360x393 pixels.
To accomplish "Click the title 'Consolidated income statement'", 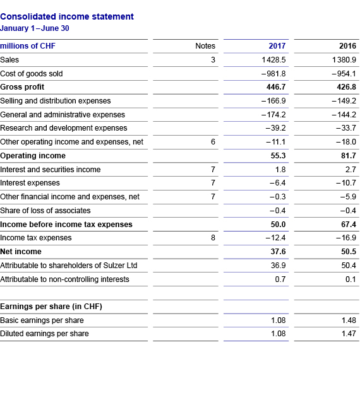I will pos(67,16).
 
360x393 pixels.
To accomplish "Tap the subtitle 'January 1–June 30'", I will pos(35,28).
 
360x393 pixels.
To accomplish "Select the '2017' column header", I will pos(277,46).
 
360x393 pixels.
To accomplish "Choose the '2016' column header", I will pos(347,46).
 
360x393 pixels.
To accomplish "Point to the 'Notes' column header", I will pos(205,46).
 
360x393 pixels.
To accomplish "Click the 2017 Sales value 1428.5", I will pos(273,60).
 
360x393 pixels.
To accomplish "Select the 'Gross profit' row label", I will pos(22,87).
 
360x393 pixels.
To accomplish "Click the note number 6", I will pos(213,142).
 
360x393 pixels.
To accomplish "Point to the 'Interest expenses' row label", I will pos(30,183).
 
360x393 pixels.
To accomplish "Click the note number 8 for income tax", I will pos(213,238).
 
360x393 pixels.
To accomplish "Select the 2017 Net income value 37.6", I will pos(277,252).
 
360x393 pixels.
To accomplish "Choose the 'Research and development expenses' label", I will pos(63,128).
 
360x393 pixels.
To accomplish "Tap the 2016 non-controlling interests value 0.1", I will pos(351,279).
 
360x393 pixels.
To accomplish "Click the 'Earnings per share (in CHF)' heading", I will pos(51,307).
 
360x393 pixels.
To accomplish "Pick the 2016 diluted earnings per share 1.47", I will pos(348,334).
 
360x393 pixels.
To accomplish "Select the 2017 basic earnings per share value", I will pos(278,320).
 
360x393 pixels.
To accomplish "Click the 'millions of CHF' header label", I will pos(28,46).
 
